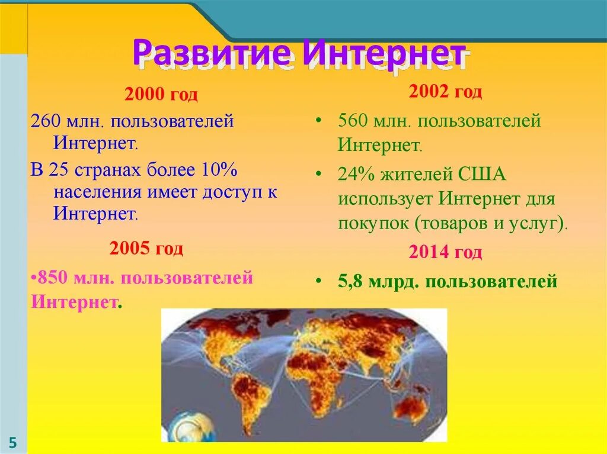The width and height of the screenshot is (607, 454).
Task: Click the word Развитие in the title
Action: coord(212,53)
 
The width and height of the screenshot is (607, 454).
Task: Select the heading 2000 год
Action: coord(161,95)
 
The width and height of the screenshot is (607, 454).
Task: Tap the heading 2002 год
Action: coord(445,92)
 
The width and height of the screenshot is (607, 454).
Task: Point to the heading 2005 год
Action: coord(146,249)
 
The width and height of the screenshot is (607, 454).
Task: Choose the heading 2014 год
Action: coord(445,253)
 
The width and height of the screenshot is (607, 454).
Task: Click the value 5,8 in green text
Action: coord(350,281)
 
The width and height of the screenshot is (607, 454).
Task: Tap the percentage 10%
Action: coord(219,170)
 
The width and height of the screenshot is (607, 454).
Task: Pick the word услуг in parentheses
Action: coord(536,223)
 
